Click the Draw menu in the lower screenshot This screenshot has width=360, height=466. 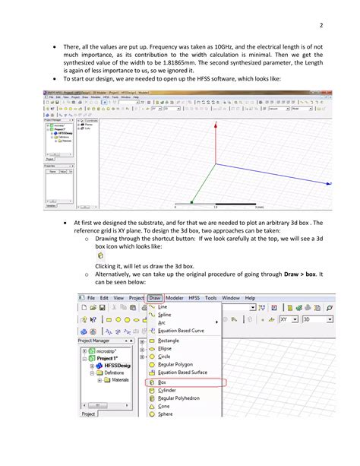[156, 298]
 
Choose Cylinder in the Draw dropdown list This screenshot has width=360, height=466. [166, 390]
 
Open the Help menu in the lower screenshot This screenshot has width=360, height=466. [249, 298]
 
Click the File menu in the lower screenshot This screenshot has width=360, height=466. [91, 298]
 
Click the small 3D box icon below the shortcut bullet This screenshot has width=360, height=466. [100, 257]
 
